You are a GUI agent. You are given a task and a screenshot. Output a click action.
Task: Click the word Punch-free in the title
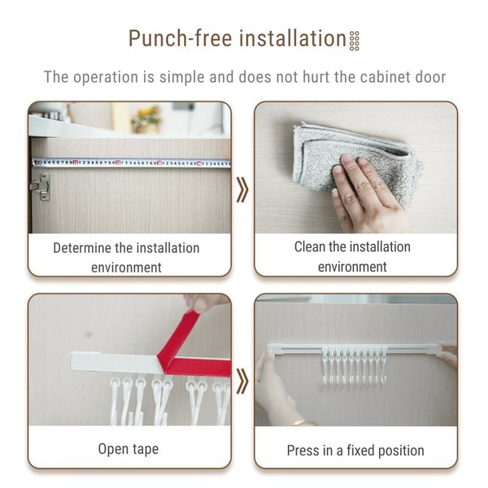click(x=181, y=38)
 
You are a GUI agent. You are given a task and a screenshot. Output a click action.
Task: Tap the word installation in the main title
click(x=293, y=38)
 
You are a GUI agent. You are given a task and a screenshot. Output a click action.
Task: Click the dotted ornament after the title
click(x=355, y=41)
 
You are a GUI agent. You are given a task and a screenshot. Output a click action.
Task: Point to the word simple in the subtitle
click(x=181, y=77)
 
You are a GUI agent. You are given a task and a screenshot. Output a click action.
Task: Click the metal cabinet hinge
click(x=41, y=187)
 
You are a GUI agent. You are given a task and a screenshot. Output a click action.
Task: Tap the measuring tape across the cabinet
click(x=131, y=163)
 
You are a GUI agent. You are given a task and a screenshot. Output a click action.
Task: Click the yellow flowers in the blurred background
click(x=146, y=118)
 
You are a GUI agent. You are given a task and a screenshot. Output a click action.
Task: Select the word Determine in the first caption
click(x=82, y=248)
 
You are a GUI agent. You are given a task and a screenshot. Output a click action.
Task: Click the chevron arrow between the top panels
click(x=242, y=190)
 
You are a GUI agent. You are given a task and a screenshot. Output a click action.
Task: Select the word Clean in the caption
click(x=310, y=247)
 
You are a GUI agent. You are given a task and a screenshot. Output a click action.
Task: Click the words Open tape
click(x=129, y=450)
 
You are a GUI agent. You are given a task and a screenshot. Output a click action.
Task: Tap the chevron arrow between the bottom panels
click(x=242, y=381)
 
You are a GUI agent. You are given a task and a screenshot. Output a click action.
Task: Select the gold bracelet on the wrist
click(x=300, y=422)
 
